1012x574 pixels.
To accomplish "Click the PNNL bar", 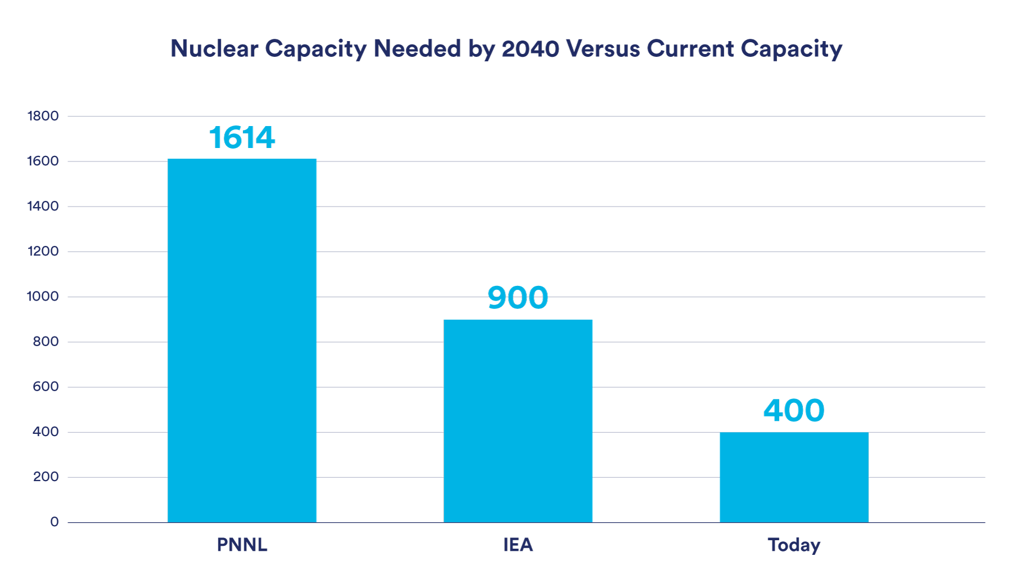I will pos(242,340).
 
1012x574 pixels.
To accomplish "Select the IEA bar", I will pos(518,421).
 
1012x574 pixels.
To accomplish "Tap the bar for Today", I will pos(794,477).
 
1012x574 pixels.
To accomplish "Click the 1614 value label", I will pos(242,138).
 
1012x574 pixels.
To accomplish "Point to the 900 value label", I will pos(518,298).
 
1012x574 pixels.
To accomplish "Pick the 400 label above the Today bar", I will pos(794,410).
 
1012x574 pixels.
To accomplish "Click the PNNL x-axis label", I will pos(242,545).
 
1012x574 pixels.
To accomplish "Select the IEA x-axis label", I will pos(518,545).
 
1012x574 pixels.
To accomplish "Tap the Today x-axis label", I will pos(794,545).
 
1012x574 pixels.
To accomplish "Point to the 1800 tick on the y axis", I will pos(43,116).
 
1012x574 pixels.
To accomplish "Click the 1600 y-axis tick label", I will pos(43,161).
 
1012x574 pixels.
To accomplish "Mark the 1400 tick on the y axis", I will pos(43,206).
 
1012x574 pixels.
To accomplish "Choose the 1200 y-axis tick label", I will pos(43,251).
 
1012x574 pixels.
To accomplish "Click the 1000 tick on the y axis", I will pos(43,297).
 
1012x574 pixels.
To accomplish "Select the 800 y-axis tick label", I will pos(46,342).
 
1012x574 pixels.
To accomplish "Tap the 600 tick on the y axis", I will pos(46,387).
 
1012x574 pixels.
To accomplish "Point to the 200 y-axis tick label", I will pos(46,477).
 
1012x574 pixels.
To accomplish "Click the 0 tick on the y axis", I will pos(54,522).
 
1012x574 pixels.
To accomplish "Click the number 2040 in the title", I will pos(530,49).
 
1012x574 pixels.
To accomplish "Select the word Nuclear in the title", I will pos(214,49).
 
